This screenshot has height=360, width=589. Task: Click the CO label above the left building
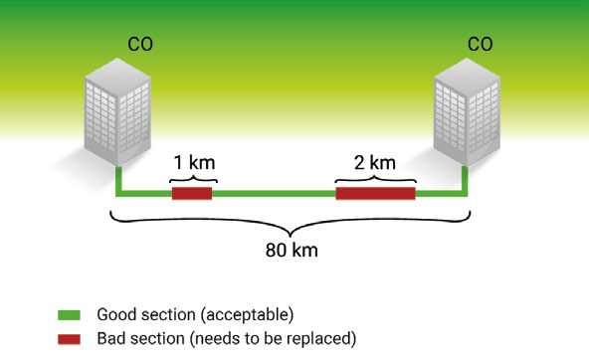point(140,44)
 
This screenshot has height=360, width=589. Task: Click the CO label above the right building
point(480,44)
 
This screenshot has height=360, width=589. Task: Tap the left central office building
point(117,111)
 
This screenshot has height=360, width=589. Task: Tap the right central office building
point(467,111)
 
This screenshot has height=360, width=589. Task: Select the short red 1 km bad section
point(192,193)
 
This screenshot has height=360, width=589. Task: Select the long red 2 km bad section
point(376,193)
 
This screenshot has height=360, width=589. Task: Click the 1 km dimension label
point(194,163)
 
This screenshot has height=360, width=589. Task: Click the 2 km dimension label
point(375,163)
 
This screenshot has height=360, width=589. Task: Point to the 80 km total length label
point(292,250)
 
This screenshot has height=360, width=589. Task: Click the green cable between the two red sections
point(274,194)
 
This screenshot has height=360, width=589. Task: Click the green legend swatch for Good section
point(69,315)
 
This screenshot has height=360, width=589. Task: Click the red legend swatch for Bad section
point(69,339)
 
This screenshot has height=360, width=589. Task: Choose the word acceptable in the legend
point(247,315)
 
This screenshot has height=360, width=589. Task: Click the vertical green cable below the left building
point(118,181)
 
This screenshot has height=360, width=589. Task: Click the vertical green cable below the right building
point(465,181)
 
